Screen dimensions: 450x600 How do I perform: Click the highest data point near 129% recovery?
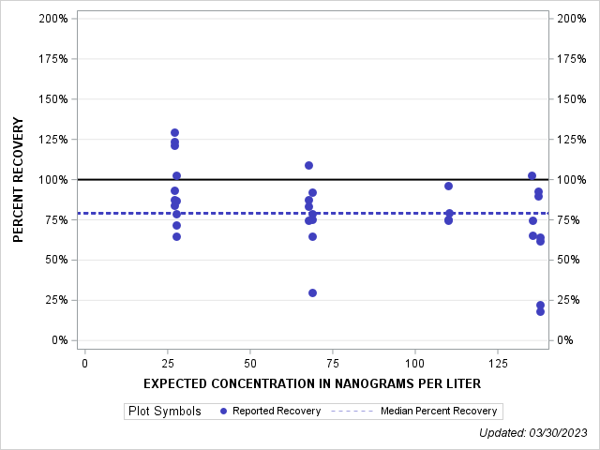click(174, 133)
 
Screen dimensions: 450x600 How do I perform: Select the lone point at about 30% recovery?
click(312, 292)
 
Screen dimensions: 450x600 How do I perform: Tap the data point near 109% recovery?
click(308, 165)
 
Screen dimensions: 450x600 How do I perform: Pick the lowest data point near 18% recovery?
click(540, 311)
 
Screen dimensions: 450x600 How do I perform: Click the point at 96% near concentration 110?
click(448, 186)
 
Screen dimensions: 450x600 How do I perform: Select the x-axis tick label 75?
click(333, 363)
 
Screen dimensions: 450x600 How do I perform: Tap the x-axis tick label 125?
click(498, 363)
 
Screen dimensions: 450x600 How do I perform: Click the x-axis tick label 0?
click(85, 363)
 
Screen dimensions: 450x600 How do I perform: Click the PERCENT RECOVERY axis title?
click(18, 179)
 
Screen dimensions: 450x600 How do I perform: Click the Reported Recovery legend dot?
click(222, 411)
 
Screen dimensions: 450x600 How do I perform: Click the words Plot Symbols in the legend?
click(164, 411)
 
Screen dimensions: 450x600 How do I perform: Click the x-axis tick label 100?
click(415, 363)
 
